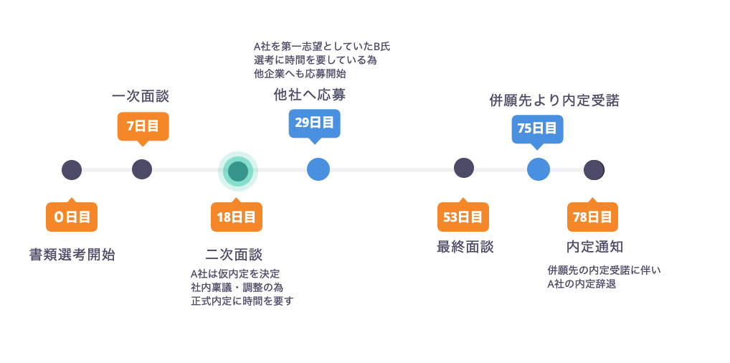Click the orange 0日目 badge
[x=72, y=217]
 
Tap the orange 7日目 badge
[x=143, y=126]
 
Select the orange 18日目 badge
[x=236, y=217]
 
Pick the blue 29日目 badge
[x=314, y=123]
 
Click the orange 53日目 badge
[x=463, y=217]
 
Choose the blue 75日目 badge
[x=537, y=128]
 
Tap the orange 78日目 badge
[x=592, y=217]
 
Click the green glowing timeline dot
[x=237, y=171]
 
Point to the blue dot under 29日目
[x=318, y=169]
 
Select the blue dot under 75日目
[x=539, y=169]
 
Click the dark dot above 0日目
[x=72, y=170]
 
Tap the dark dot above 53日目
[x=464, y=168]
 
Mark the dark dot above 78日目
[x=593, y=170]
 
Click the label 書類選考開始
[x=72, y=255]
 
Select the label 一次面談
[x=141, y=97]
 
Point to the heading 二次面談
[x=234, y=255]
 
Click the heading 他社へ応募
[x=314, y=95]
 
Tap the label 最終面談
[x=465, y=247]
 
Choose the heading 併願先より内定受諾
[x=554, y=101]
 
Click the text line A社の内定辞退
[x=582, y=284]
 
